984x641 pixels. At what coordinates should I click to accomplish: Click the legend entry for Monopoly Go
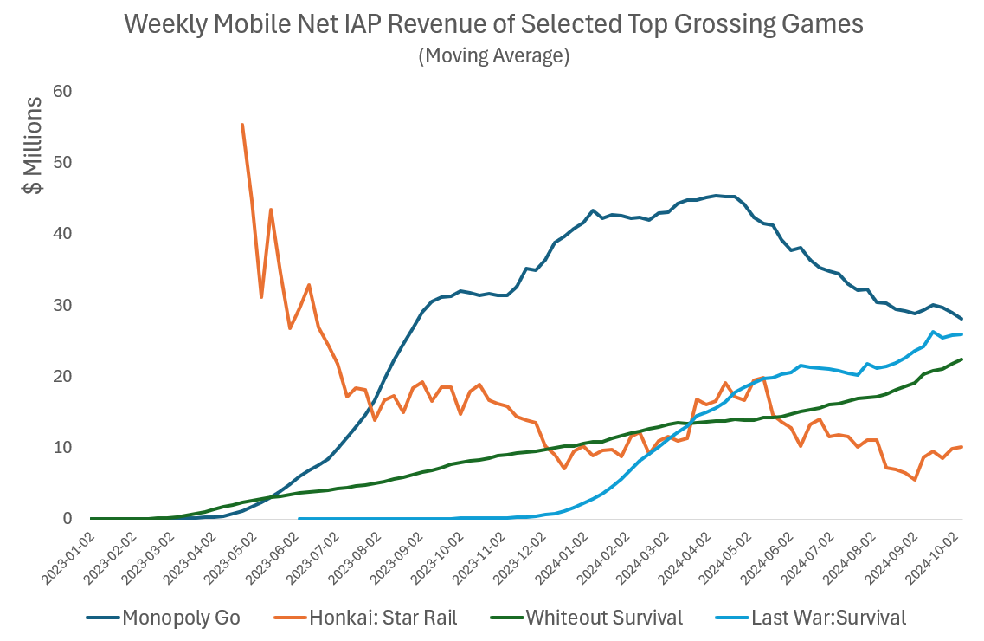181,618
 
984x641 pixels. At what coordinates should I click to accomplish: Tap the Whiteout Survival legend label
603,618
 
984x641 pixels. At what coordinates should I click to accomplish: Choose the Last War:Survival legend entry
828,618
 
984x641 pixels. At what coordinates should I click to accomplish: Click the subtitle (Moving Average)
493,56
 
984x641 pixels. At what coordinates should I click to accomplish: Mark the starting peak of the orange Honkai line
242,125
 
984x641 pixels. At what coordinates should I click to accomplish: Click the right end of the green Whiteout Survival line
962,359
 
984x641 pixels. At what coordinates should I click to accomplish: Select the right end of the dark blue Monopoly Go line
962,319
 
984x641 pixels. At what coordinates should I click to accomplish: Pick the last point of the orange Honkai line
962,447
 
